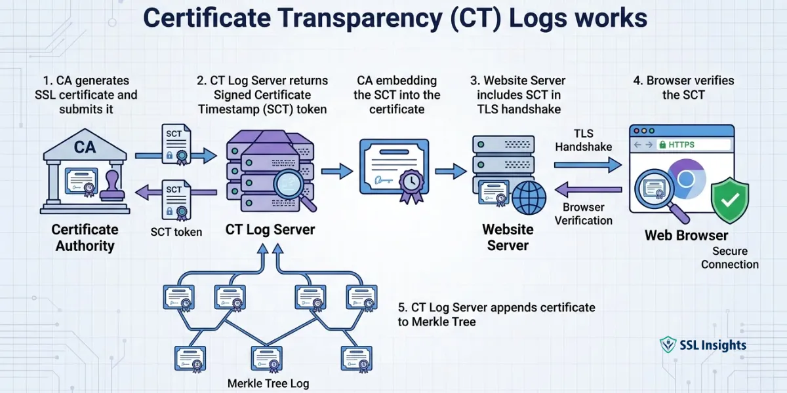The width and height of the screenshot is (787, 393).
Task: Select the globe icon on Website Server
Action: tap(529, 198)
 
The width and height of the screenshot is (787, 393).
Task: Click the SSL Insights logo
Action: tap(702, 345)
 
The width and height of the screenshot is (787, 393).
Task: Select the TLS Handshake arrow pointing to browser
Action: tap(588, 166)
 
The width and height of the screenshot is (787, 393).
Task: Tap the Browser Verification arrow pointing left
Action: tap(588, 190)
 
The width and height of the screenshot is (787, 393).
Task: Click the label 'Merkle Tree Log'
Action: tap(268, 383)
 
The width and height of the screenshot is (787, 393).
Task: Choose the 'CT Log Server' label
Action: tap(270, 229)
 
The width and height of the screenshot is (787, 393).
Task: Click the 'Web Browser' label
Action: tap(686, 235)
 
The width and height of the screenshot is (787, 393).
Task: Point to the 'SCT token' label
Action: tap(176, 232)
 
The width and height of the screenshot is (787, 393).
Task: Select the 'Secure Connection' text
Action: tap(729, 258)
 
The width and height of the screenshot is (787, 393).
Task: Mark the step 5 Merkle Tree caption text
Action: tap(496, 314)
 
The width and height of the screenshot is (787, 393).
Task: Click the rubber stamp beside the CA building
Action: tap(113, 185)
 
